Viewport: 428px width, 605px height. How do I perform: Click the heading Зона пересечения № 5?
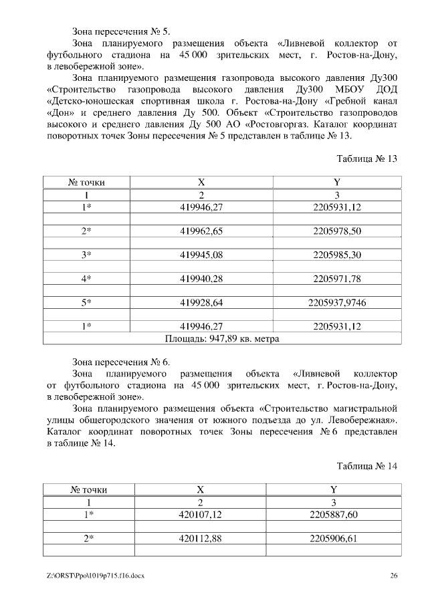pos(121,31)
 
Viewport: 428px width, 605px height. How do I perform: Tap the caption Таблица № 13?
pos(367,158)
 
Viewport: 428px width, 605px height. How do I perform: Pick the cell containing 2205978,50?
pos(336,231)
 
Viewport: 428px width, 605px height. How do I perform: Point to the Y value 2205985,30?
pos(336,255)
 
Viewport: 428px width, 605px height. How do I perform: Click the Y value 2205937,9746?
pos(336,302)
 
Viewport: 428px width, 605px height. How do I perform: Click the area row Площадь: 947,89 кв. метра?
pos(220,338)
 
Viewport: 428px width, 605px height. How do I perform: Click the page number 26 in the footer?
pos(394,576)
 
